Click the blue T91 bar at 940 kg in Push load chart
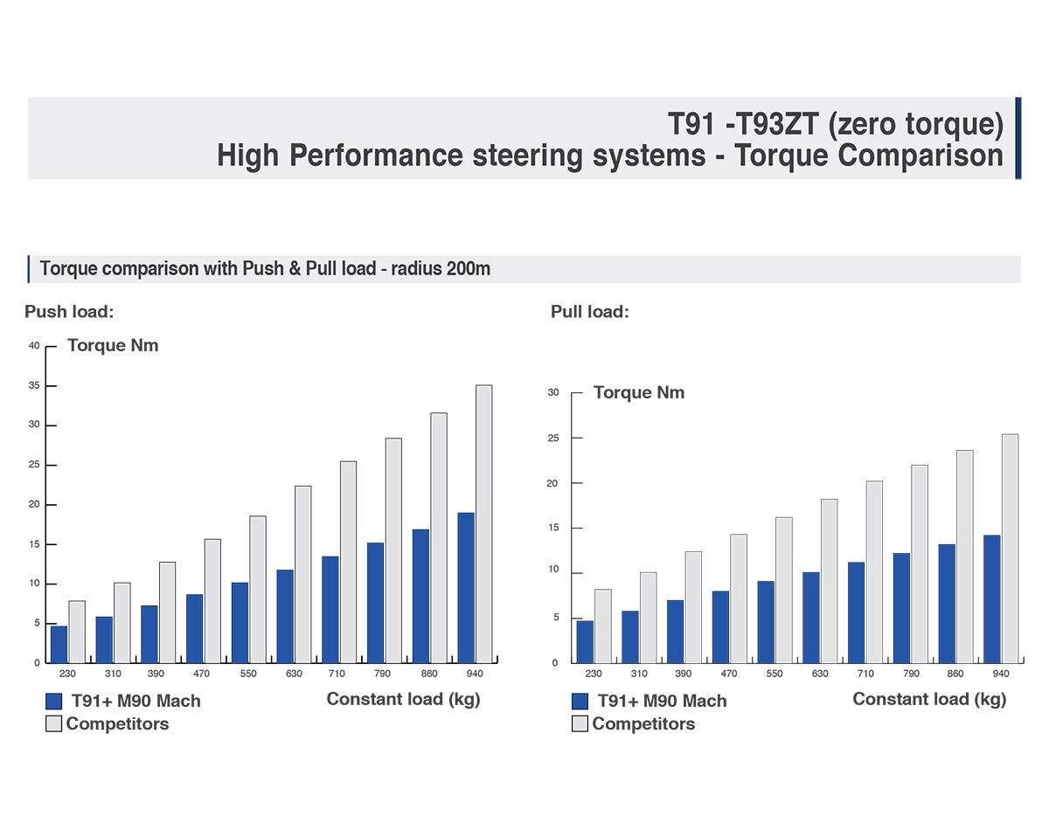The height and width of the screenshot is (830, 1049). click(466, 587)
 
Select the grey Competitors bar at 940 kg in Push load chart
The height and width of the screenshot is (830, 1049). click(484, 523)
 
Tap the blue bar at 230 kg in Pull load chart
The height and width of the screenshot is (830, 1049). click(585, 641)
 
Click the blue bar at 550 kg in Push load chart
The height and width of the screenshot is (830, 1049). click(240, 622)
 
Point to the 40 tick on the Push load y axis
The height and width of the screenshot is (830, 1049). click(34, 346)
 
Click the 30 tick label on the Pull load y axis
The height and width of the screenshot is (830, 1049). click(552, 392)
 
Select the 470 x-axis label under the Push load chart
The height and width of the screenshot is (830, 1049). click(201, 674)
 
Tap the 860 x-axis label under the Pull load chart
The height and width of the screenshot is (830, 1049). click(955, 674)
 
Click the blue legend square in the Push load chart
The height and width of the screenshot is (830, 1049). click(54, 701)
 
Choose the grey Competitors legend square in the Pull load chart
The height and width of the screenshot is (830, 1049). click(580, 723)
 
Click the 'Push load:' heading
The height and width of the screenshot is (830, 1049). click(69, 312)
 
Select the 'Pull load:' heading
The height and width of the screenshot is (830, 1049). click(589, 312)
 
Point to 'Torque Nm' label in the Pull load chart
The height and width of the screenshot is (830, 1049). click(639, 392)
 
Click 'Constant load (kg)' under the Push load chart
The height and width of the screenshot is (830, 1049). click(403, 699)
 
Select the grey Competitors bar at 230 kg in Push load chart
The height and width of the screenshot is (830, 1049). click(77, 631)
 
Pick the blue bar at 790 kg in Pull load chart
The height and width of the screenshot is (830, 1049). click(901, 607)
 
